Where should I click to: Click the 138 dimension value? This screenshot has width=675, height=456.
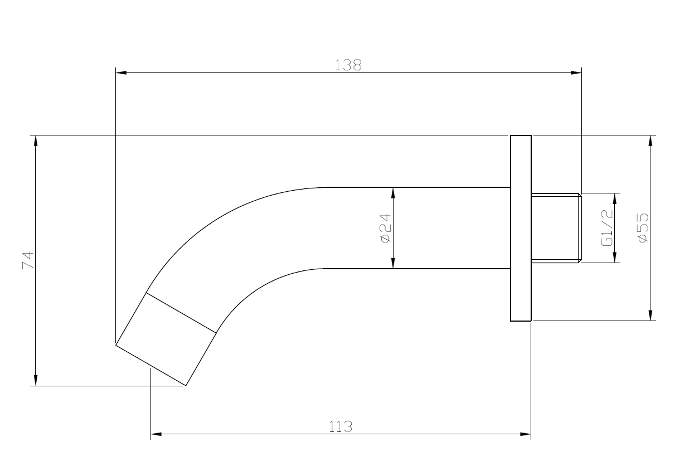[x=348, y=65]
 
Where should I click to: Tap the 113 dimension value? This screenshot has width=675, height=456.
[x=340, y=426]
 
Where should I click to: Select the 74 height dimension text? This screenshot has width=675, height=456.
[x=28, y=260]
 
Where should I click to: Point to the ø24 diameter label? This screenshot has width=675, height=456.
[x=385, y=228]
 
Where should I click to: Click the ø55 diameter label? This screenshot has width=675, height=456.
[x=643, y=227]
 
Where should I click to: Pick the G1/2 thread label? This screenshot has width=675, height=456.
[x=607, y=228]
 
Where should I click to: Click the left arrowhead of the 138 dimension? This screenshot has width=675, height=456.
[x=121, y=72]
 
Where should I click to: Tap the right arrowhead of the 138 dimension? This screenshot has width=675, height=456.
[x=576, y=72]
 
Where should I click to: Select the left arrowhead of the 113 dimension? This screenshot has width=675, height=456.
[x=156, y=434]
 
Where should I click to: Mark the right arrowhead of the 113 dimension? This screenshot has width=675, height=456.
[x=526, y=434]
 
